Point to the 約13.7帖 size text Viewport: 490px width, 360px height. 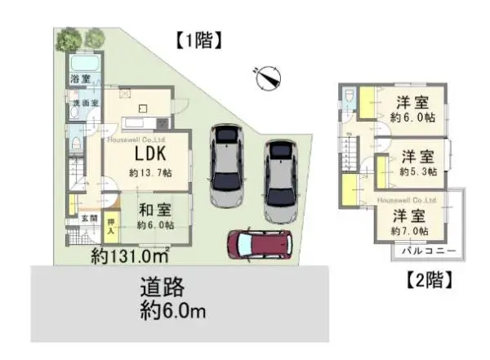pos(150,172)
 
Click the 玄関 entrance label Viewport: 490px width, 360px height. pos(87,219)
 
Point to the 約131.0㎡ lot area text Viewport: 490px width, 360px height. pos(130,255)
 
